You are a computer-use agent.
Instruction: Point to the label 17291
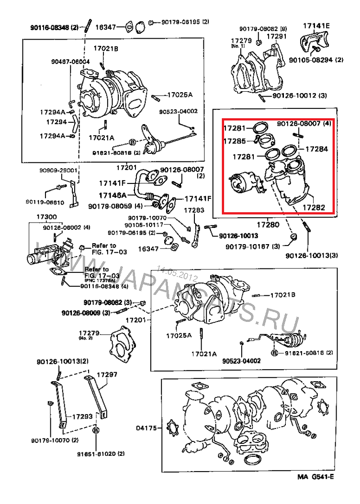point(276,36)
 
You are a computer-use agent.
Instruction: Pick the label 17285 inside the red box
point(234,141)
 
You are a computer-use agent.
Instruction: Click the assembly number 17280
point(267,223)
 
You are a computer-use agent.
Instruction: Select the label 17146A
point(113,196)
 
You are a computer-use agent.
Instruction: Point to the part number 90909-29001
point(58,171)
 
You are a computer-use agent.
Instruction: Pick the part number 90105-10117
point(144,225)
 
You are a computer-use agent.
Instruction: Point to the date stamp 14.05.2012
point(177,274)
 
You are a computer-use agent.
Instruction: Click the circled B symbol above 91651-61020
point(95,430)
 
